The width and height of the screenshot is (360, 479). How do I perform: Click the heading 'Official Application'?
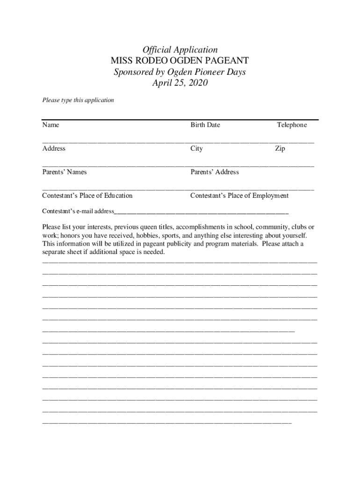180,50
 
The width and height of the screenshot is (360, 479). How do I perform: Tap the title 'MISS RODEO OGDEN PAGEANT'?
180,61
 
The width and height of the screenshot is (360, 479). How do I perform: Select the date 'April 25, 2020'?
180,83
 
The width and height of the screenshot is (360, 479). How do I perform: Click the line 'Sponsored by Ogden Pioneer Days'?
180,72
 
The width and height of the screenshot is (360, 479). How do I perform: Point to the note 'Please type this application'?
78,100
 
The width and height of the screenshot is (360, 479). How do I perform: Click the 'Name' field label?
50,125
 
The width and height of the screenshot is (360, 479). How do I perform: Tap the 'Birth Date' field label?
205,125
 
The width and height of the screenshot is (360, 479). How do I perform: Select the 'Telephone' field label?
292,125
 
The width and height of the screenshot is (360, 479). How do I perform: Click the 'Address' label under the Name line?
54,149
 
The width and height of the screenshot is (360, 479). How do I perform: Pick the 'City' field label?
196,149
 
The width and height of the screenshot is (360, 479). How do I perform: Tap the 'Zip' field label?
280,149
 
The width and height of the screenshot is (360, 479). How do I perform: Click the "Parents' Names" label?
64,172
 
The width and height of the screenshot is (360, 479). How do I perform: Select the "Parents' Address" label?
214,172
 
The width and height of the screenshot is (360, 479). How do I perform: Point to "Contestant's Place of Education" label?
87,196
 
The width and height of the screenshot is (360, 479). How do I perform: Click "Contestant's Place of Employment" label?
239,196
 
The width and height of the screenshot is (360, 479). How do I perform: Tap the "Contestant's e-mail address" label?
78,211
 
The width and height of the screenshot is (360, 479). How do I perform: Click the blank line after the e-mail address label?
201,212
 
